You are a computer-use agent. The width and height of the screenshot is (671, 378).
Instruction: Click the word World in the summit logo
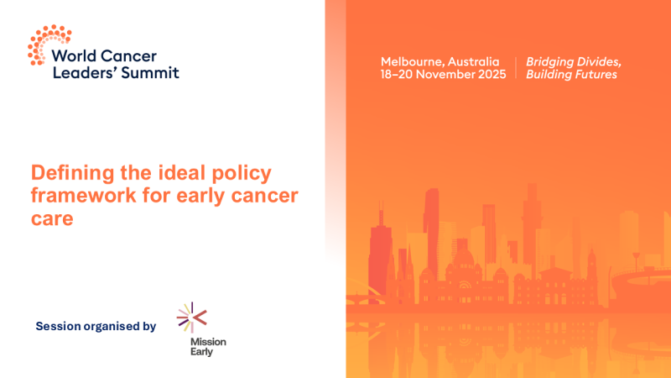[x=73, y=57]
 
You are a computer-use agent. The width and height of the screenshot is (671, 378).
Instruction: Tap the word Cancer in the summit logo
[x=127, y=57]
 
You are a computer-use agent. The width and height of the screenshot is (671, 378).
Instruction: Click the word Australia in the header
[x=476, y=62]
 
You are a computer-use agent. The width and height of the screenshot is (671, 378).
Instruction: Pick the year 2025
[x=495, y=75]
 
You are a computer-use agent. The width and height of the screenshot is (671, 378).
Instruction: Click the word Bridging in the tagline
[x=550, y=62]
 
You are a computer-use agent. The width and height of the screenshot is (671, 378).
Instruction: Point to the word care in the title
[x=53, y=219]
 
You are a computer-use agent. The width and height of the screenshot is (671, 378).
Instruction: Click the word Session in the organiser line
[x=58, y=326]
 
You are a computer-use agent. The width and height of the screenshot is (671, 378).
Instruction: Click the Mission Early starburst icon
[x=192, y=318]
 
